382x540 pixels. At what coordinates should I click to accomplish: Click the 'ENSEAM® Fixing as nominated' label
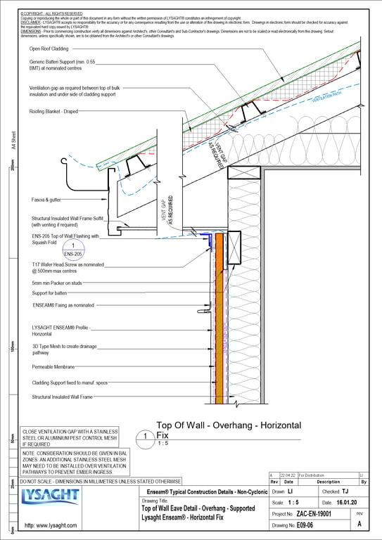pos(63,305)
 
